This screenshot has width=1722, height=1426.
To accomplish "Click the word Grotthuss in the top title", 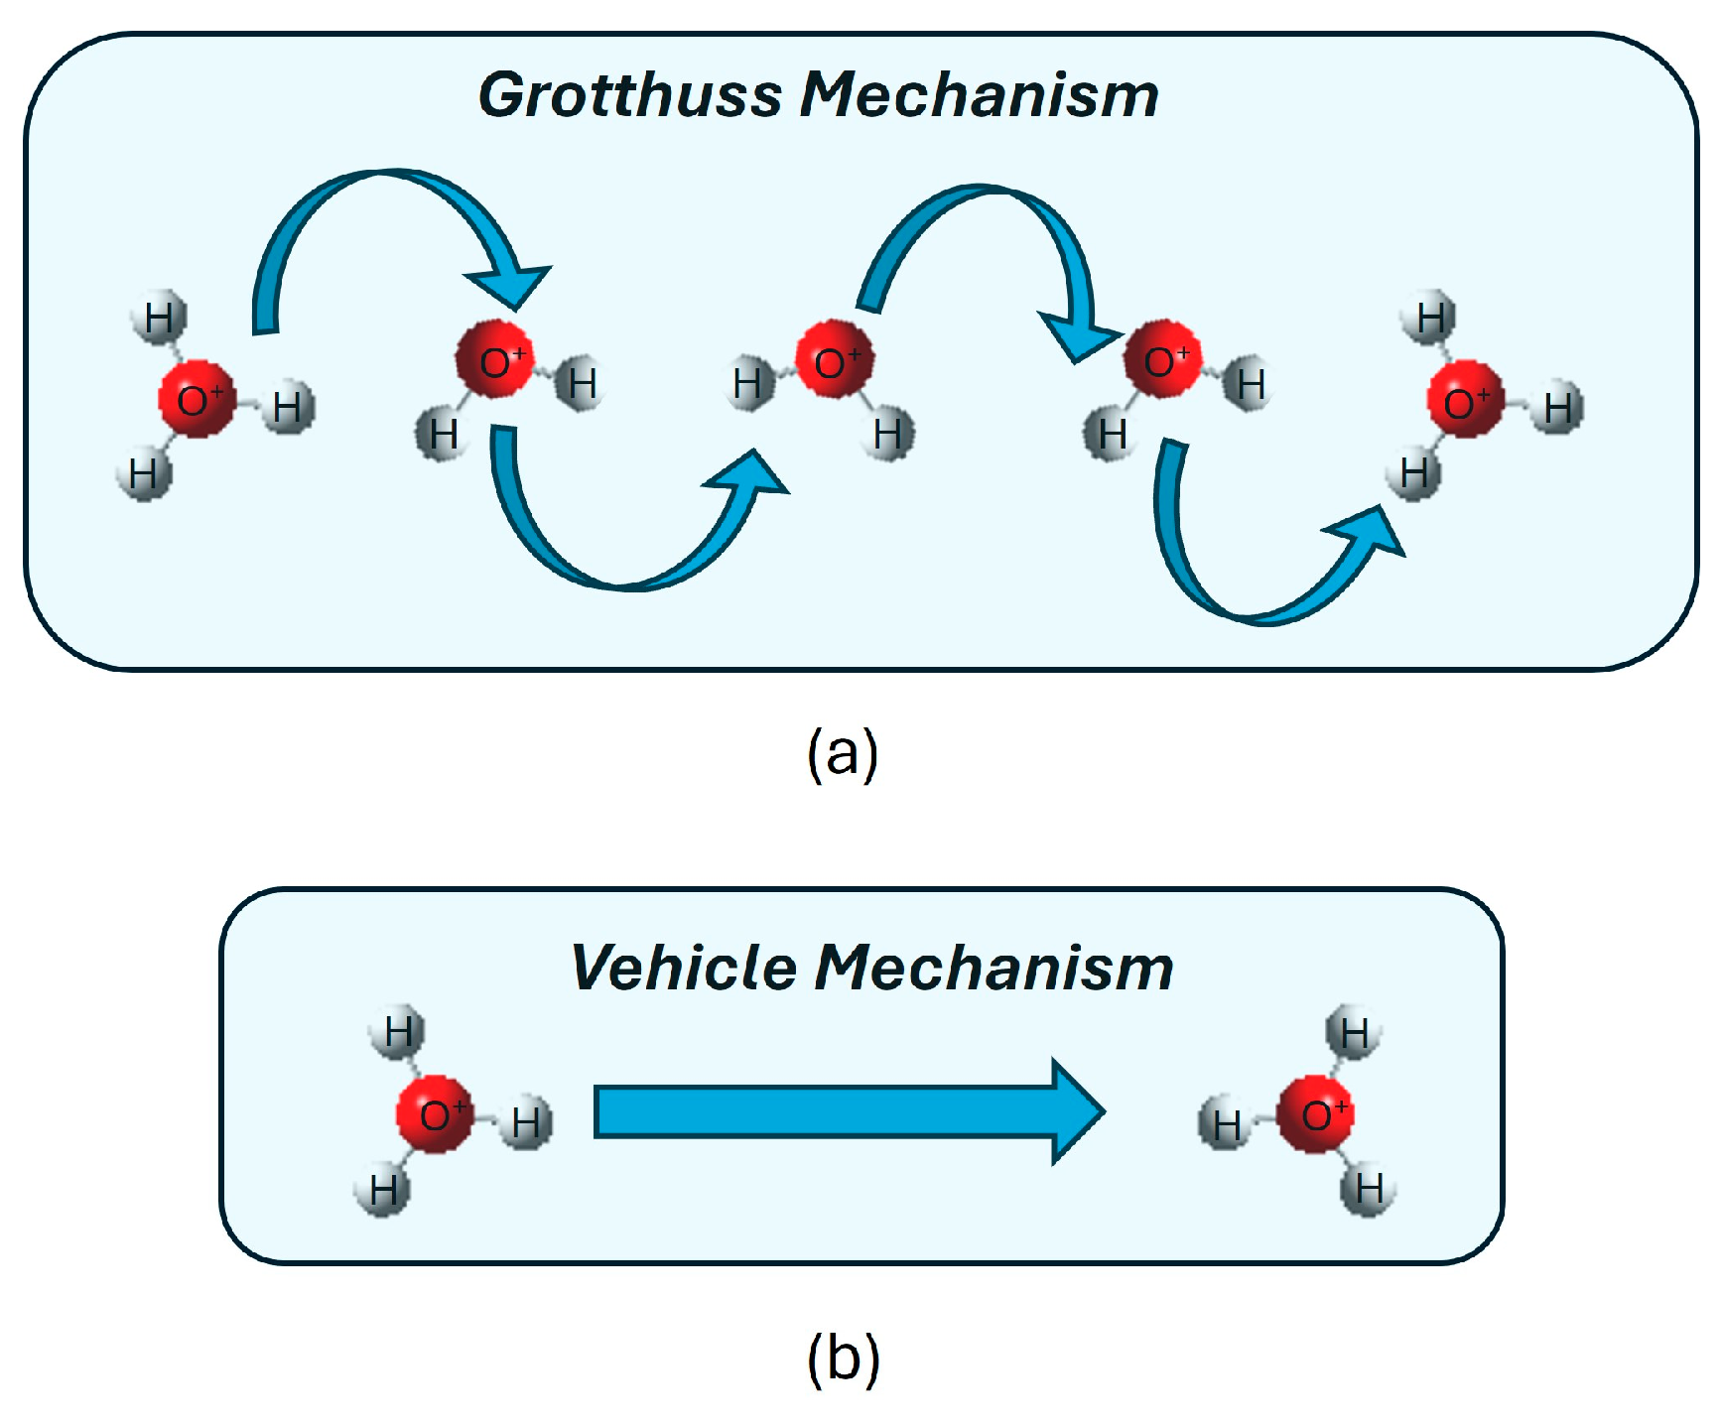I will click(630, 95).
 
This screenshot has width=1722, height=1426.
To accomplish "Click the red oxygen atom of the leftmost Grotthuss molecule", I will click(198, 399).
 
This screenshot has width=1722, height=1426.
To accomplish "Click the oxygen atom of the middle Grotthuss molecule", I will click(834, 360).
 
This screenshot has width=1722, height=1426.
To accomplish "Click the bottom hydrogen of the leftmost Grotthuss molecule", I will click(145, 474).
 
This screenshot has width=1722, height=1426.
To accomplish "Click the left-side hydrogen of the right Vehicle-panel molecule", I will click(1226, 1124).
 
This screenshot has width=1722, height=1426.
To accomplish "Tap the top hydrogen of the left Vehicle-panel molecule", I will click(398, 1032).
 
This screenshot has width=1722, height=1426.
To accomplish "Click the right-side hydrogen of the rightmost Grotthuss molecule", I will click(1556, 407).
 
